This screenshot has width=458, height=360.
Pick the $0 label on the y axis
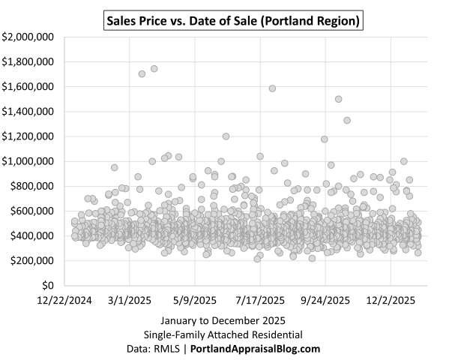[47, 286]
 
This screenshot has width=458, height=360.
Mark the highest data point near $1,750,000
[154, 68]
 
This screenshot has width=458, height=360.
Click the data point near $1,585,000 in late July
[272, 88]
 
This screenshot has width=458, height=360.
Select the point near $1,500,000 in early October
[339, 99]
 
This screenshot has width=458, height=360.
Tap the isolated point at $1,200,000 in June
[226, 136]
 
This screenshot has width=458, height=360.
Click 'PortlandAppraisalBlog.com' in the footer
[256, 349]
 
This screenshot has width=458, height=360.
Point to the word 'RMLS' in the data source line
[170, 349]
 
